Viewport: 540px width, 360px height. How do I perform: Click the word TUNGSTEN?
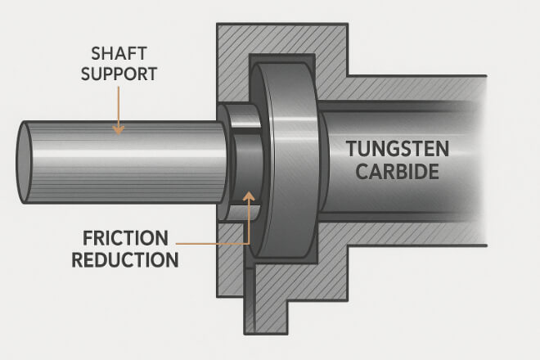point(398,151)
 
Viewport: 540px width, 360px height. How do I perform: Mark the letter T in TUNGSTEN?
point(351,151)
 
